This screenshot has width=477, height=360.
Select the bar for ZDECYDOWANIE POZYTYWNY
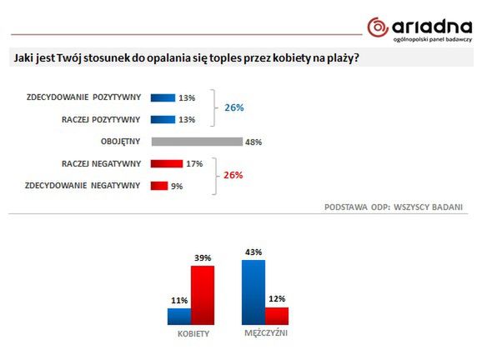coord(163,97)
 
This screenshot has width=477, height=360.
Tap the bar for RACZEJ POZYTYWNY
coord(163,119)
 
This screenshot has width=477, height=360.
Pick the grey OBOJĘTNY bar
coord(196,142)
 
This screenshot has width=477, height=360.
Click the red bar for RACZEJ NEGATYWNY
coord(167,163)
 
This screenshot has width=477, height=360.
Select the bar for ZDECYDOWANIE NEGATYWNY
coord(158,185)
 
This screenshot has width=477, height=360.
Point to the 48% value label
coord(254,142)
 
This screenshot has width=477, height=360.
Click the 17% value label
coord(195,163)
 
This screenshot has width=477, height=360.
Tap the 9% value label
coord(176,186)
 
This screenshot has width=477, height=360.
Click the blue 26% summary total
coord(234,108)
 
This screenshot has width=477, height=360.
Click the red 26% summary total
coord(234,174)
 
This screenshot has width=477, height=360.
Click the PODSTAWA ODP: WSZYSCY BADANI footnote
coord(393,206)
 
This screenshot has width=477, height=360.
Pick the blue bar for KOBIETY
coord(179,316)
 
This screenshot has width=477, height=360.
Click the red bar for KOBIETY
coord(203,295)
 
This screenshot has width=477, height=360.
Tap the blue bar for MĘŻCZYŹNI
coord(254,292)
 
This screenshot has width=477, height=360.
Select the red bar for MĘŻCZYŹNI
coord(277,316)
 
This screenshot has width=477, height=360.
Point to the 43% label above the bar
coord(254,252)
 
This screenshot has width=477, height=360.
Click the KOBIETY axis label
coord(193,333)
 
